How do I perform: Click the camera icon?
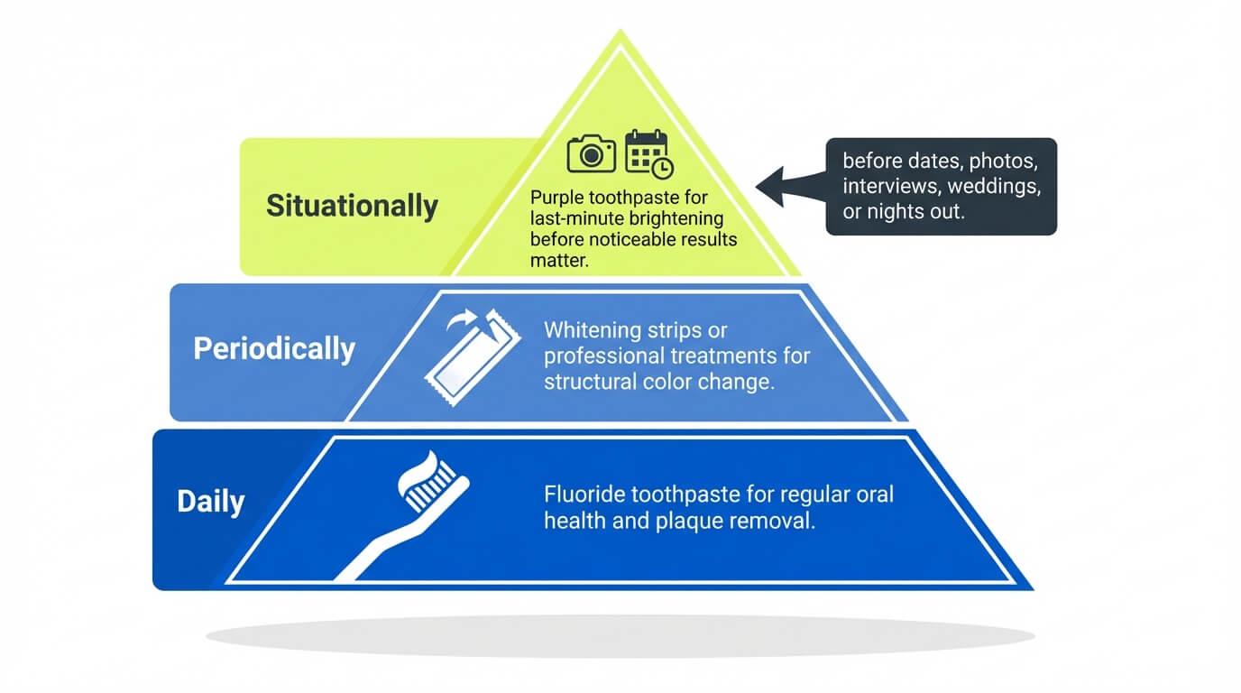click(591, 153)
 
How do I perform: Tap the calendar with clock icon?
click(648, 154)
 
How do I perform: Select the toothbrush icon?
click(403, 515)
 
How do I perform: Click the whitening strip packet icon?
click(473, 357)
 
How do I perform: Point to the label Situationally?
click(352, 206)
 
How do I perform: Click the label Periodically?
click(274, 348)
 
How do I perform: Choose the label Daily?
click(210, 502)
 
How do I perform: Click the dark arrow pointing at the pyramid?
click(791, 186)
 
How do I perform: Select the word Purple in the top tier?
click(556, 198)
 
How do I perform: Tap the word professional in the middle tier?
click(605, 356)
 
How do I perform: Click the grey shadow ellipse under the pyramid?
click(620, 636)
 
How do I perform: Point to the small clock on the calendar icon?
click(662, 168)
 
